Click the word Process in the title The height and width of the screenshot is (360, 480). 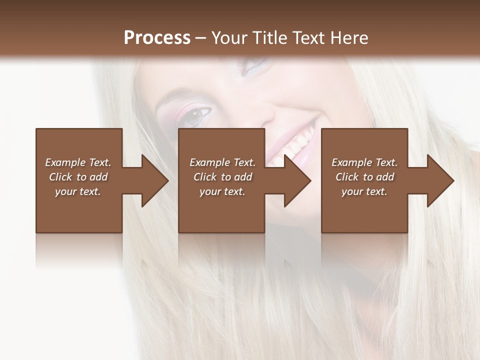[x=157, y=38]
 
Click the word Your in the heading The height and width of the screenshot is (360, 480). [x=230, y=38]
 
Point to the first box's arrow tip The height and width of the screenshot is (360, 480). [x=168, y=180]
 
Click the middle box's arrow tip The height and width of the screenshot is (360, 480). [x=310, y=180]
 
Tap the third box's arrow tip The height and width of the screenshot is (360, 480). [x=453, y=180]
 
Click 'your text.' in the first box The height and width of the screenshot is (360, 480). [x=78, y=191]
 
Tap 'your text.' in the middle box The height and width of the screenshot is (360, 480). [x=222, y=191]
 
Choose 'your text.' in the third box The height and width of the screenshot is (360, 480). [x=364, y=191]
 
